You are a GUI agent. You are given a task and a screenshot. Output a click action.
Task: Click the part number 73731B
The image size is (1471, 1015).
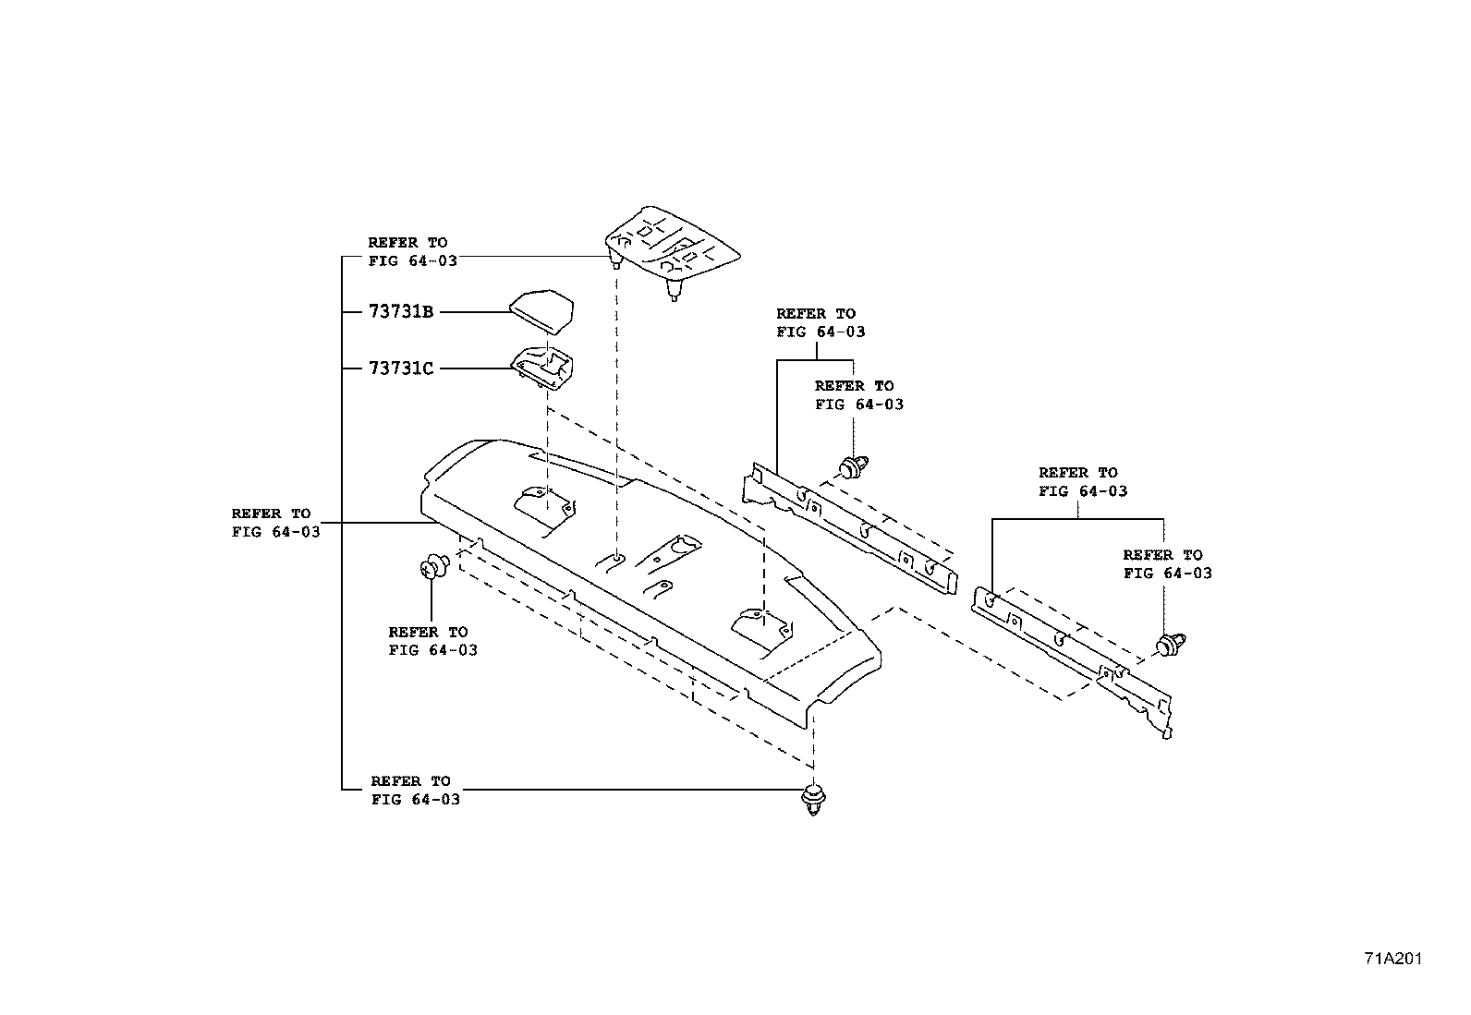coord(400,312)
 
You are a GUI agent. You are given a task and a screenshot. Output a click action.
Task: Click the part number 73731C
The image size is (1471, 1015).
coord(400,369)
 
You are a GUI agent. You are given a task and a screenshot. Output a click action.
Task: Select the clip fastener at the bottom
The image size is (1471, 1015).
coord(813,800)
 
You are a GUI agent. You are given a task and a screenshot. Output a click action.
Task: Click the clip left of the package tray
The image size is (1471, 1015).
coord(433,566)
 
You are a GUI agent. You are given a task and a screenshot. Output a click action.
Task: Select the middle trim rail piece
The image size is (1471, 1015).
coord(845,526)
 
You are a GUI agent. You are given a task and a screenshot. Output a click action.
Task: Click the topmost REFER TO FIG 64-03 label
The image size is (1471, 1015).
coord(412,251)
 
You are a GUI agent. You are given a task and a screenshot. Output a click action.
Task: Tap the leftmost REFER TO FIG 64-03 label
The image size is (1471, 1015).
coord(275,523)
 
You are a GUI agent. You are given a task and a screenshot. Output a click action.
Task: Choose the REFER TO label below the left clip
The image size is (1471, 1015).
coord(432,641)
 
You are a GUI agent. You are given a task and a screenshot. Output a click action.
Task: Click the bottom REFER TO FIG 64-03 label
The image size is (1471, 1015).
coord(415,791)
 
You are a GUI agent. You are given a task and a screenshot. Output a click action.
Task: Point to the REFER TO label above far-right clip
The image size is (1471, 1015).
coord(1167,563)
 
